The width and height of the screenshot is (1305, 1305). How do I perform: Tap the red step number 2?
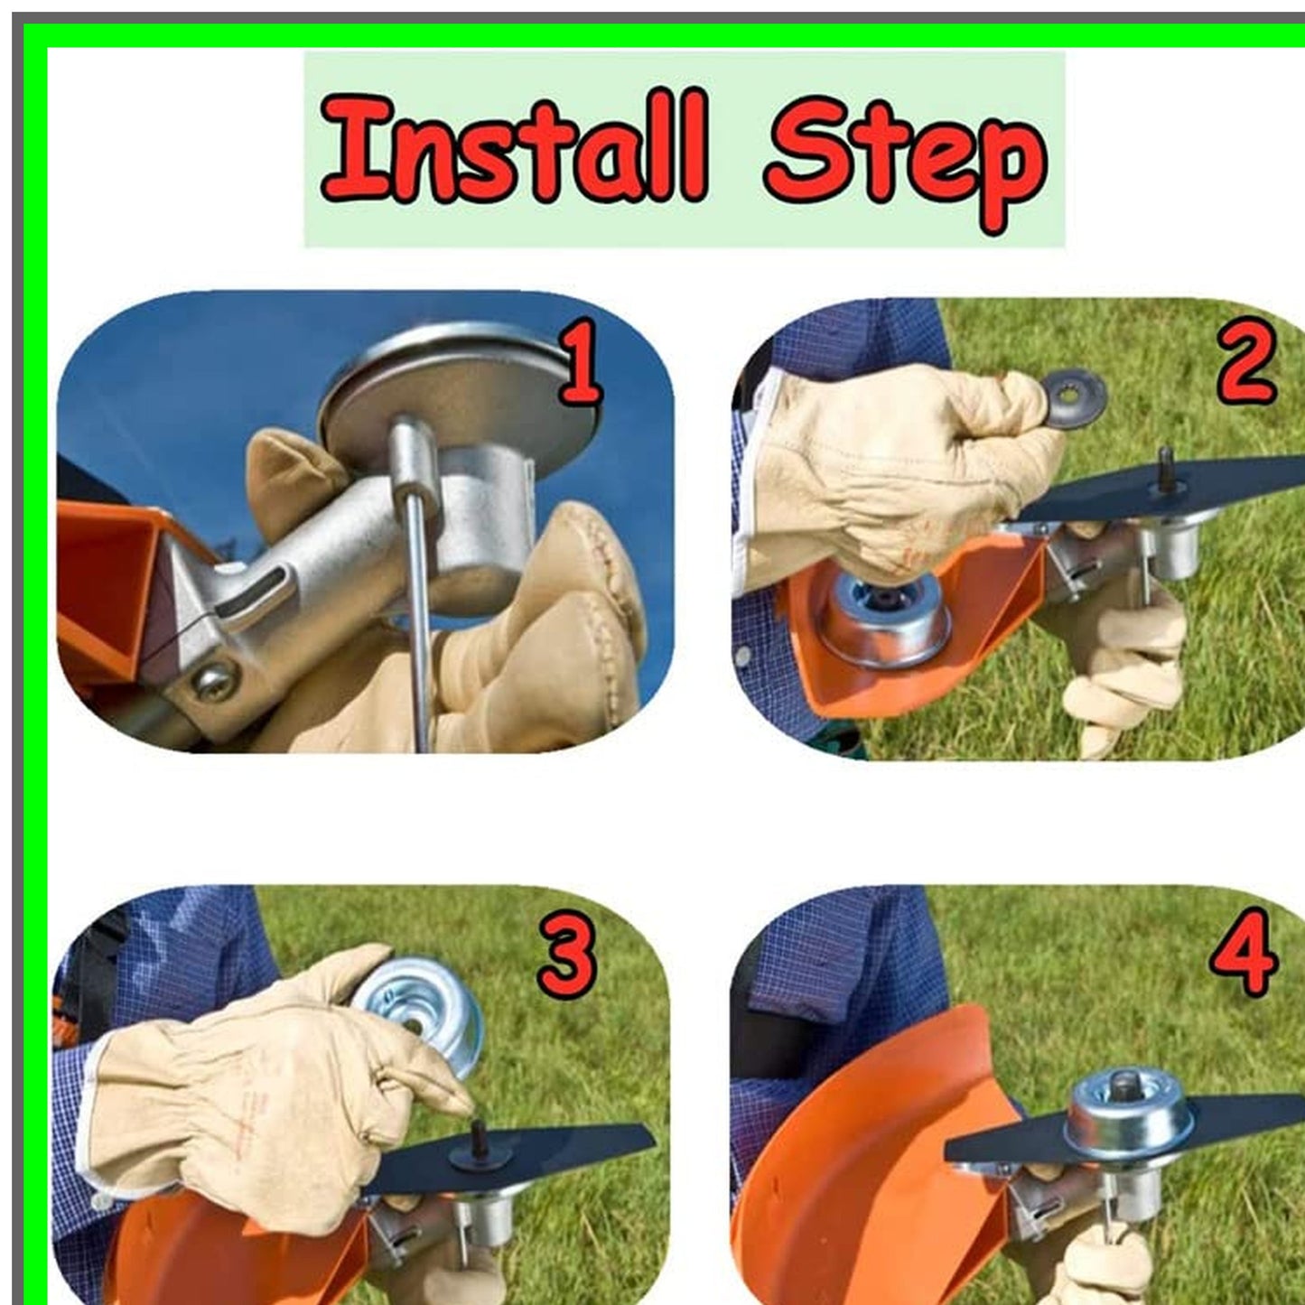coord(1245,363)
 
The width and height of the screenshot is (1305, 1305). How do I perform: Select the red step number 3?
coord(567,955)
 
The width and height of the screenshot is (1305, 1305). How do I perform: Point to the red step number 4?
coord(1244,953)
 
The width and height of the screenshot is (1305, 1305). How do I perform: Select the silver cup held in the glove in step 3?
coord(420,1011)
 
